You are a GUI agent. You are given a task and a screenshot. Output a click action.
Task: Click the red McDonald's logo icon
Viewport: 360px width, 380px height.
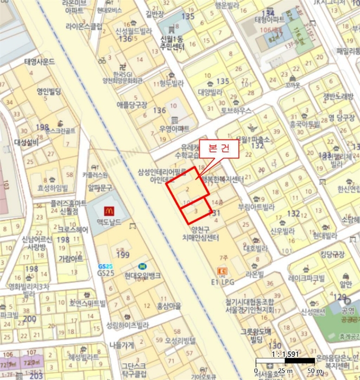tap(108, 210)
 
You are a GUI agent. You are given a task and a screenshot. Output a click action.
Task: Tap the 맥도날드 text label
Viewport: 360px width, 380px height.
tap(108, 222)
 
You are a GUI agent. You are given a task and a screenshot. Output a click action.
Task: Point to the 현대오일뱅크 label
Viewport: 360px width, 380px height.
tap(142, 276)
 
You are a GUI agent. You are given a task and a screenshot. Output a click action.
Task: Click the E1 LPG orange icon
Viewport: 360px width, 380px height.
tap(222, 271)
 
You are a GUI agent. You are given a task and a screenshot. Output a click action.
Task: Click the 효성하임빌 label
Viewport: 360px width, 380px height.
tap(53, 188)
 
